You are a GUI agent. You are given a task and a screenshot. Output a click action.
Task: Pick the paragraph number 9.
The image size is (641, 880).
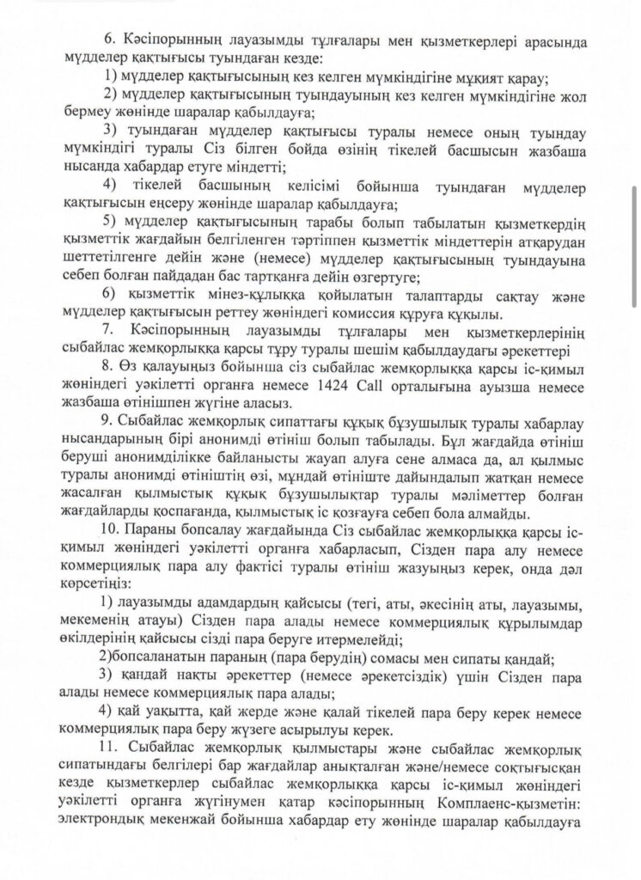coord(107,425)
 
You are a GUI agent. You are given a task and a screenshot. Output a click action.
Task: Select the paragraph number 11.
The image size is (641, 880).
coord(112,750)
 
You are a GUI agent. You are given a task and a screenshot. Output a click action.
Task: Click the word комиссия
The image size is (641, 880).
coord(401,313)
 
